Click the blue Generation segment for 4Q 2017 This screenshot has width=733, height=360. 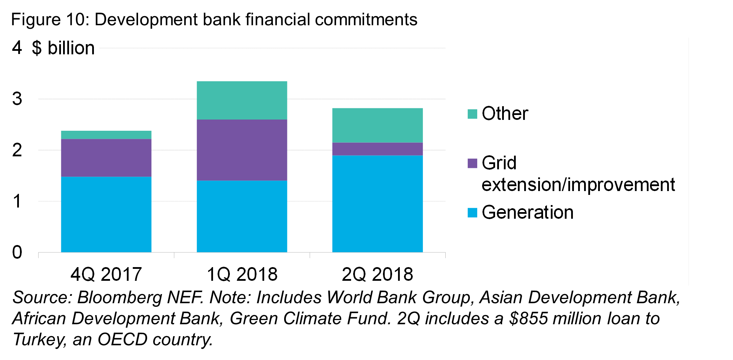click(x=106, y=214)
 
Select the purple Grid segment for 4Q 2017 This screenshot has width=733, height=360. click(x=106, y=158)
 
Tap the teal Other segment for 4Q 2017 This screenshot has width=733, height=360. click(x=106, y=135)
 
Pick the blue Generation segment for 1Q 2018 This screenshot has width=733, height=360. click(x=242, y=216)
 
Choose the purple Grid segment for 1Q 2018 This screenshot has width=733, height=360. click(x=242, y=150)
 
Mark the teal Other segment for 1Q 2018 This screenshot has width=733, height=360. click(x=242, y=100)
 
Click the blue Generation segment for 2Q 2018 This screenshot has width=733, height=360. click(x=377, y=204)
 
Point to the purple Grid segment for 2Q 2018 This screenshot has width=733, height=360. click(x=377, y=149)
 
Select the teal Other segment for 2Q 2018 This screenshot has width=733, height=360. click(x=377, y=125)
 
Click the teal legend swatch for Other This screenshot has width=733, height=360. click(x=472, y=114)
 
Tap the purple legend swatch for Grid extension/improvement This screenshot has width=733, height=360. click(x=472, y=163)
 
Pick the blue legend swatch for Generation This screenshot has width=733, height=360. click(x=472, y=213)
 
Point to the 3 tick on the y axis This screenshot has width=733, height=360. click(x=17, y=99)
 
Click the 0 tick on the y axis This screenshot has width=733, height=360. click(x=17, y=252)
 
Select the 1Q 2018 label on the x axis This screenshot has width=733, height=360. click(x=242, y=274)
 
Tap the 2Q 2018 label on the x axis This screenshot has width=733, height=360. click(x=377, y=274)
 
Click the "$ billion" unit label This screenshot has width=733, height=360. click(x=63, y=48)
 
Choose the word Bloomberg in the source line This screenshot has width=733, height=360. click(x=119, y=298)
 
